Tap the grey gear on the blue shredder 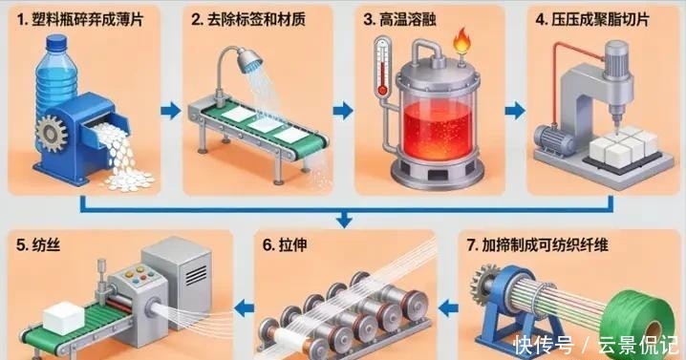click(52, 134)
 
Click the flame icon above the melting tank click(461, 40)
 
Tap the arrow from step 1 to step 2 click(171, 111)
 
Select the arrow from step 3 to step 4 click(515, 111)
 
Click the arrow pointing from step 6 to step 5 click(245, 308)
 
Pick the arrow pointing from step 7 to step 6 click(447, 308)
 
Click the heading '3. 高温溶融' click(399, 19)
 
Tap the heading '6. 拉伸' click(285, 245)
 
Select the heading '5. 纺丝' click(38, 245)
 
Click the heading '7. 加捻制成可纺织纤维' click(538, 245)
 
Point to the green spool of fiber click(639, 324)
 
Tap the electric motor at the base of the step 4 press click(554, 138)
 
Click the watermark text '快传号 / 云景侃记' click(596, 345)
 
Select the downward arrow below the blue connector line click(344, 219)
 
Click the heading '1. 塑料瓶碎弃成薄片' click(80, 19)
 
